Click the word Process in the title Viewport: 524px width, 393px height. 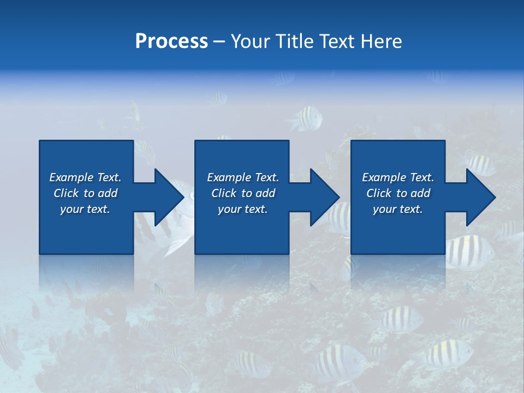(x=171, y=41)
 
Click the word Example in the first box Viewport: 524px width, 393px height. (x=72, y=177)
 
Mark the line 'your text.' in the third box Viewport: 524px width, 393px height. (x=397, y=209)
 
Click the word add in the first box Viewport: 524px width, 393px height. (x=108, y=193)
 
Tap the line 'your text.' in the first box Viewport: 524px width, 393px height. (x=85, y=209)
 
